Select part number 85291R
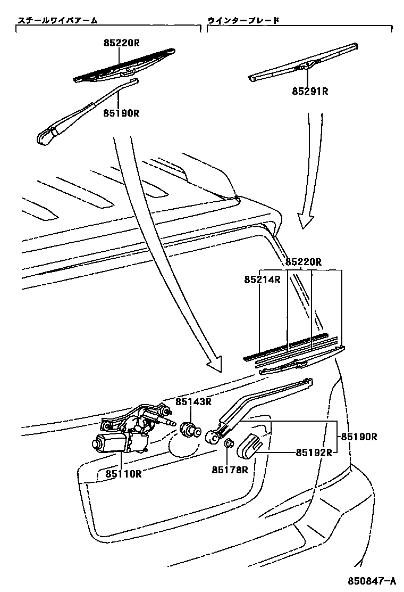[x=310, y=92]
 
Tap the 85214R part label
[x=263, y=279]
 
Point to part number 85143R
[x=194, y=402]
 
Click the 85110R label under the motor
[x=123, y=473]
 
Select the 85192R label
[x=314, y=453]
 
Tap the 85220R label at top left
[x=121, y=43]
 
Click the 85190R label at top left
[x=121, y=113]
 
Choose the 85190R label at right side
[x=359, y=437]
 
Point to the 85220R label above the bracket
[x=304, y=262]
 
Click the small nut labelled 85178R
[x=229, y=444]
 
